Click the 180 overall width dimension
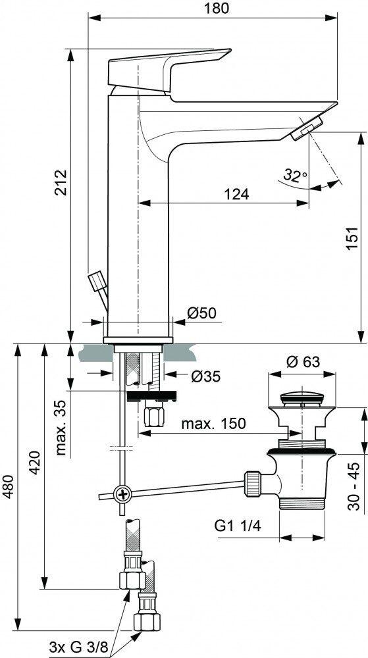[218, 8]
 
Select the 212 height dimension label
[61, 182]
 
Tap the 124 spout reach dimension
[236, 194]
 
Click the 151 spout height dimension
[352, 239]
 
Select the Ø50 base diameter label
[201, 313]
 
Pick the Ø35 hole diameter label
[205, 376]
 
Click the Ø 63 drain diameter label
[303, 361]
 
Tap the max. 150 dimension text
[213, 423]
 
